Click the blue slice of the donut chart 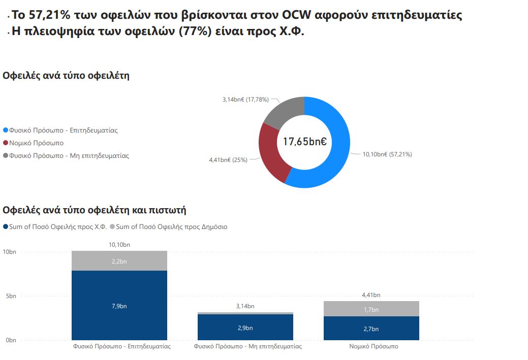coord(338,152)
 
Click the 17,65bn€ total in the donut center coord(304,142)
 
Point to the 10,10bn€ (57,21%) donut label coord(387,154)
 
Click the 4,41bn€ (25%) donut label coord(228,160)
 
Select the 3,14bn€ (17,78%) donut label coord(245,100)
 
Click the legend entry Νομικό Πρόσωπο coord(36,143)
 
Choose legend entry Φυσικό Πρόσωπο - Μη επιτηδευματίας coord(69,156)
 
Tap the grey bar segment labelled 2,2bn coord(119,261)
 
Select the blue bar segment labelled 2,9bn coord(245,328)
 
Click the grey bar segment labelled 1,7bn coord(371,309)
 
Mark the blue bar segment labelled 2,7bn coord(371,329)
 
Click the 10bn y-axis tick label coord(10,252)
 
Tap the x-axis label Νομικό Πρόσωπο coord(374,346)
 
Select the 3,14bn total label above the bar coord(245,306)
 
